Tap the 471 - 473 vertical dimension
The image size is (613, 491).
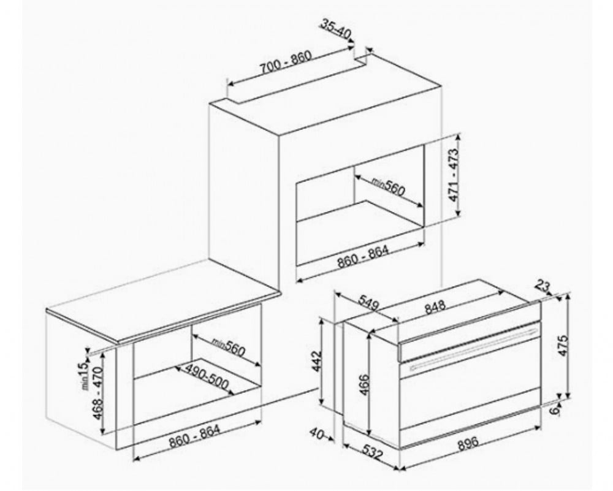click(454, 175)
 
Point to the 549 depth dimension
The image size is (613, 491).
click(368, 302)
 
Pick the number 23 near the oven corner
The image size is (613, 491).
click(543, 286)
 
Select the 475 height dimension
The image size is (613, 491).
click(563, 345)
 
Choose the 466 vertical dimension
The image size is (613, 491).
click(364, 385)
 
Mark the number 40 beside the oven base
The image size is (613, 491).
click(317, 433)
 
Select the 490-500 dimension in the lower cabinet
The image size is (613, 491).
click(207, 376)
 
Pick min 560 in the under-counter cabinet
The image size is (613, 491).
click(228, 347)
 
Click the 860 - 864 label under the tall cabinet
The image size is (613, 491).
click(363, 256)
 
